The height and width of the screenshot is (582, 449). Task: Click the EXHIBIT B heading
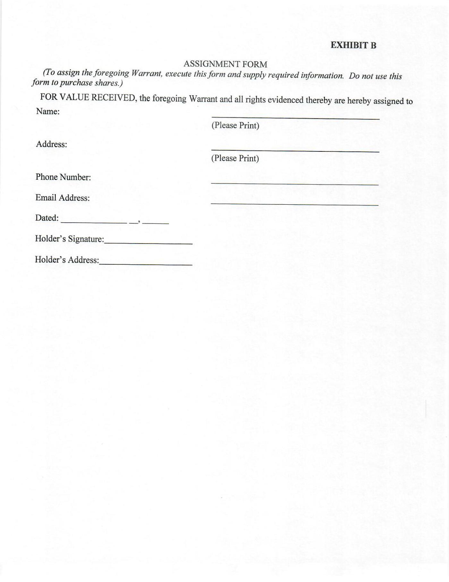click(x=353, y=45)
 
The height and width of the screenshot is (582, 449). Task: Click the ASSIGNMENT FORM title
click(x=225, y=64)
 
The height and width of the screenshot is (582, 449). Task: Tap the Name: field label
click(x=48, y=112)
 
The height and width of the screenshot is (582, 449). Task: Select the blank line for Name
click(x=295, y=118)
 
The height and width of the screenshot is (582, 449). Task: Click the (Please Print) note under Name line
click(x=235, y=125)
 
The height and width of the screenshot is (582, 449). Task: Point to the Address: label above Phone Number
click(x=51, y=144)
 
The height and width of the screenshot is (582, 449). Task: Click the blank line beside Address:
click(x=295, y=151)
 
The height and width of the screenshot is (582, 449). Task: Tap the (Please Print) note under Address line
click(x=235, y=158)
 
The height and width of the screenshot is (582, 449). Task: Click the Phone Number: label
click(x=63, y=177)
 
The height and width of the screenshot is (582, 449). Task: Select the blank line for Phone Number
click(x=294, y=184)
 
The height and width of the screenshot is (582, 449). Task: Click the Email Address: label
click(x=63, y=198)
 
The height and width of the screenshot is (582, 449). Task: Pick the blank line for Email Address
click(x=294, y=204)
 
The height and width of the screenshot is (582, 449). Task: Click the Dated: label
click(x=47, y=218)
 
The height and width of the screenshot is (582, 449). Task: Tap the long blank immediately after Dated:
click(x=94, y=222)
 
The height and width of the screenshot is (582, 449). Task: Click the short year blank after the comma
click(x=156, y=222)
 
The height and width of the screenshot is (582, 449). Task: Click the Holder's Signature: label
click(x=69, y=239)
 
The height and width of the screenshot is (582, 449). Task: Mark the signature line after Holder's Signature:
click(x=148, y=244)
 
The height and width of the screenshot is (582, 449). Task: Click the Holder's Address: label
click(x=67, y=260)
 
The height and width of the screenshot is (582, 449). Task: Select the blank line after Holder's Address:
click(x=146, y=264)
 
